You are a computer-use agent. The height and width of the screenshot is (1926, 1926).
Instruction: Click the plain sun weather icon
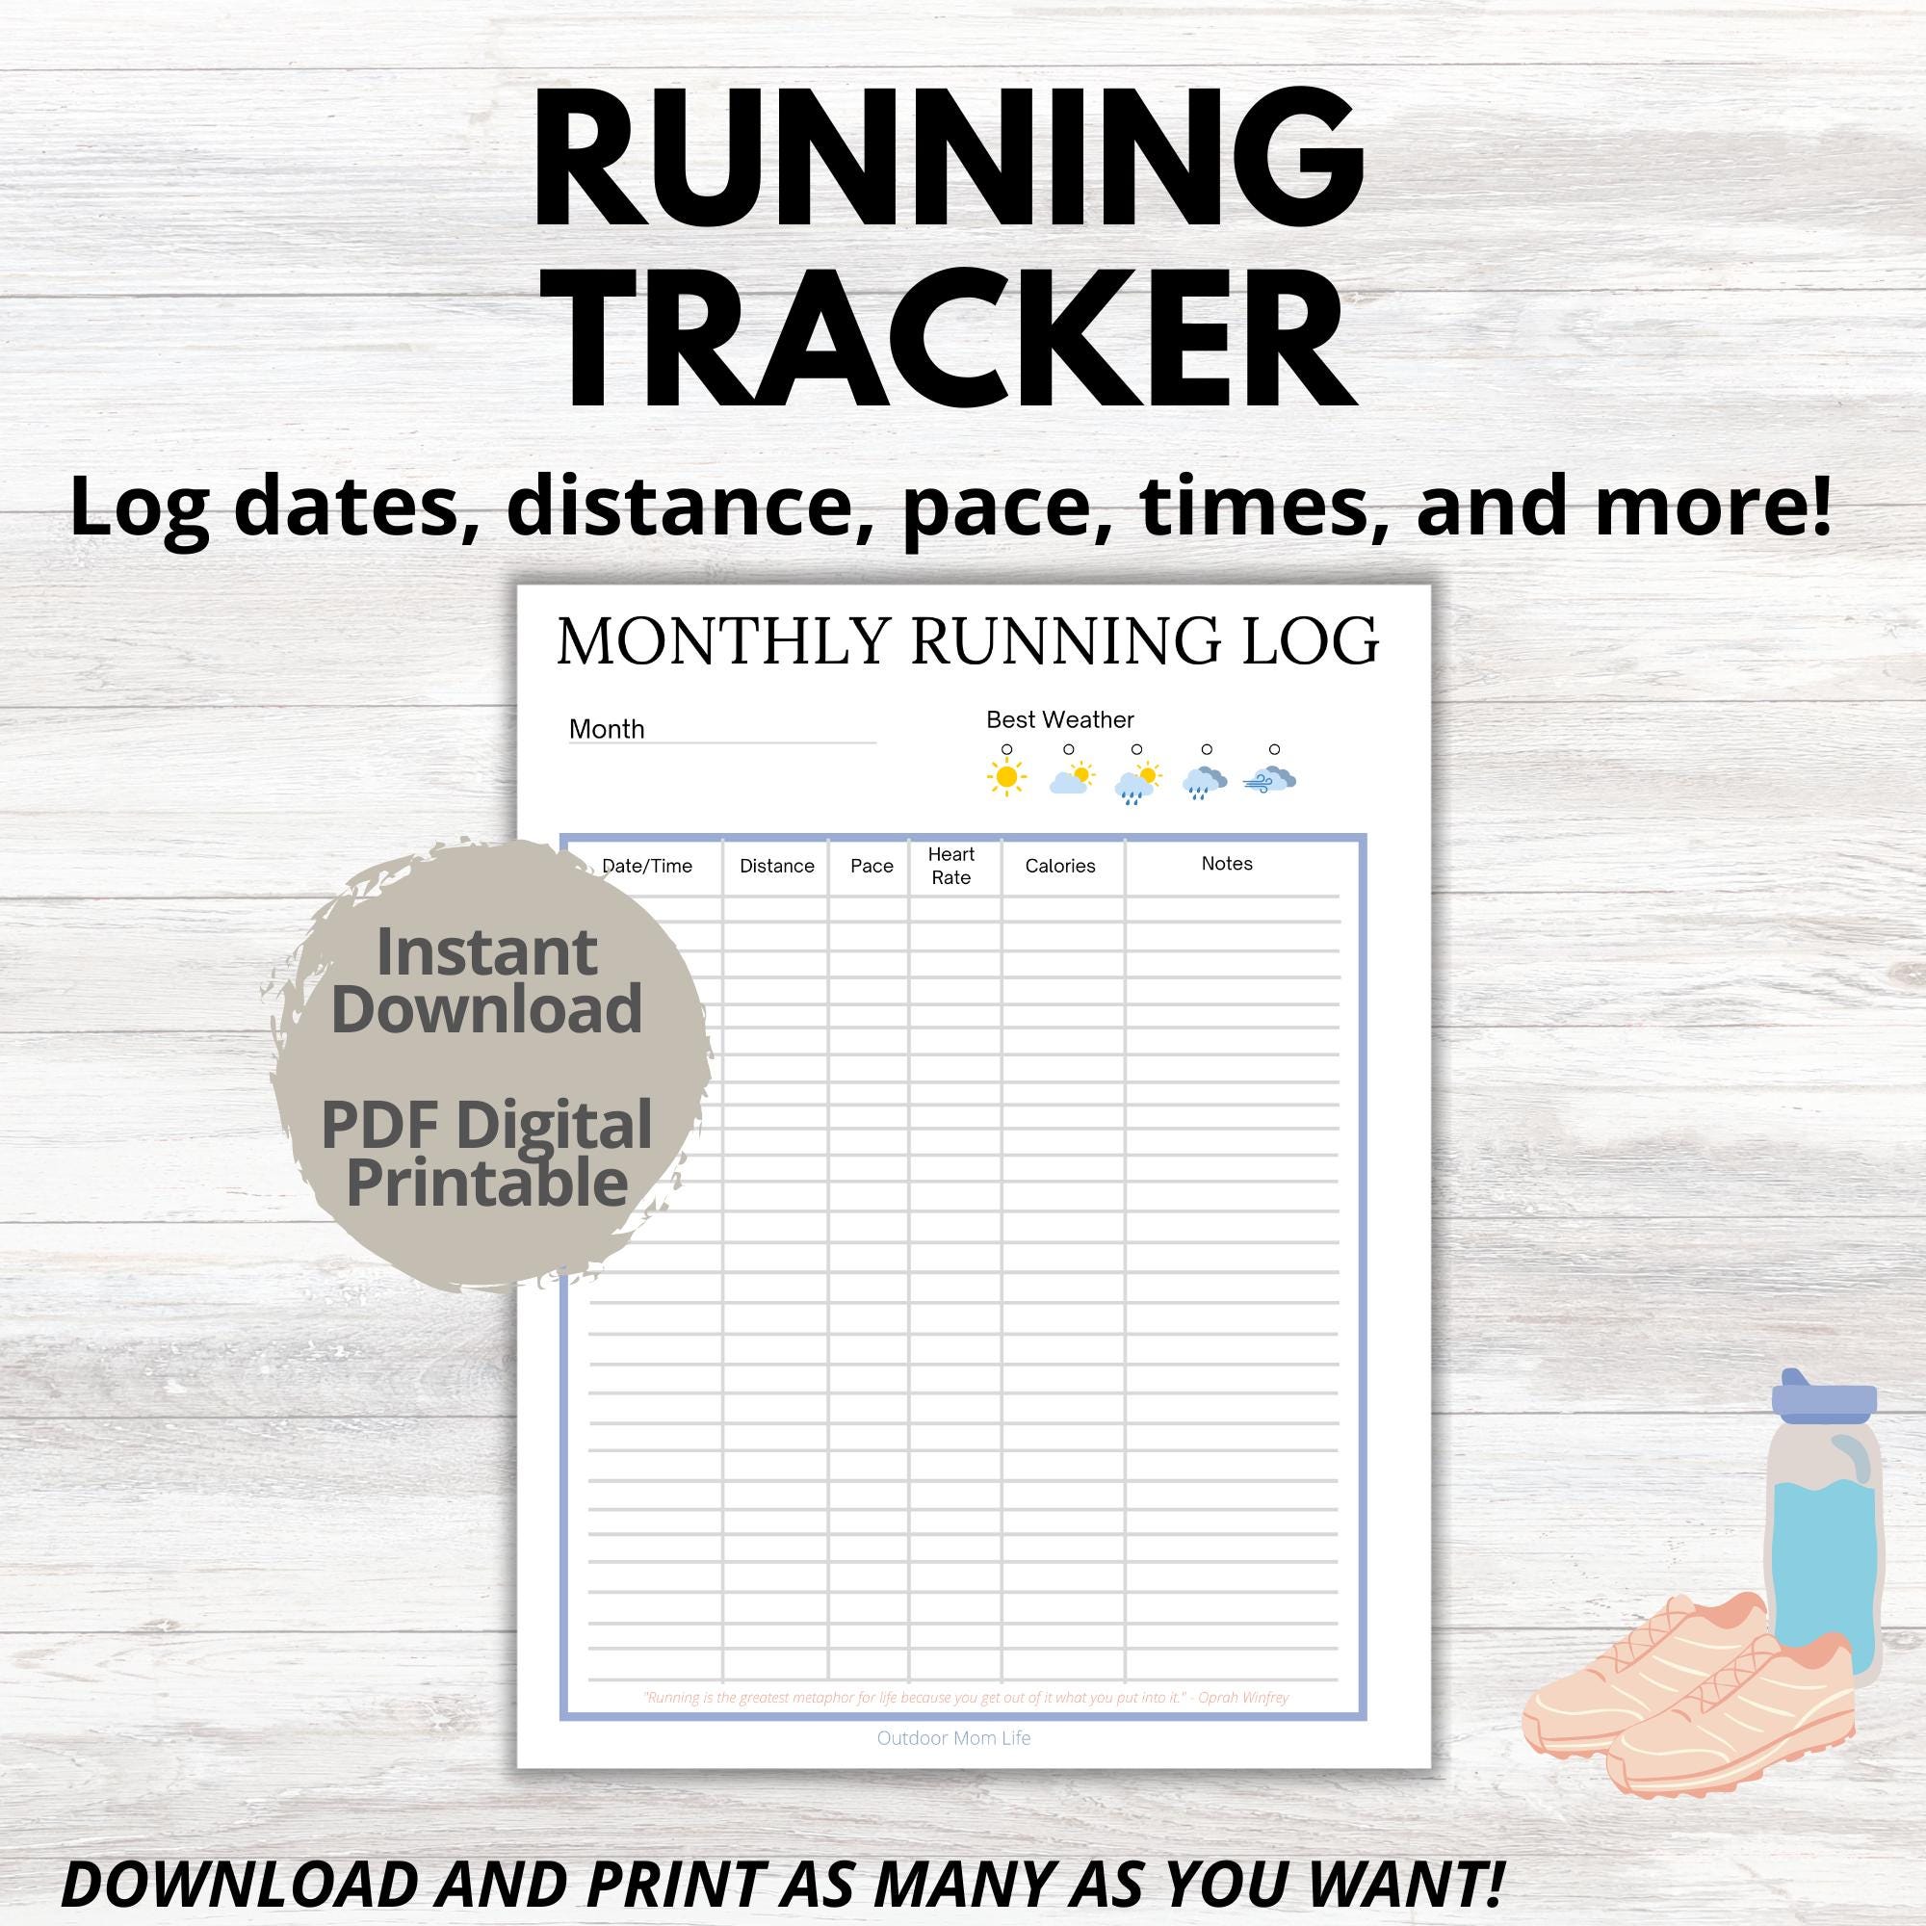click(x=1007, y=777)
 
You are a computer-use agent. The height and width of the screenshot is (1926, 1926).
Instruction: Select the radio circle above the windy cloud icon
click(x=1274, y=749)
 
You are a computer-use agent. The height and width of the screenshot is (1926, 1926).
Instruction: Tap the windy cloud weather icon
click(x=1270, y=780)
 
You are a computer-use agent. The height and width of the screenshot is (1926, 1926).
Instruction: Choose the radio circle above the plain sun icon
click(x=1007, y=749)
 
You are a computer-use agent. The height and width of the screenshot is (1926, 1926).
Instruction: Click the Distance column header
click(x=776, y=867)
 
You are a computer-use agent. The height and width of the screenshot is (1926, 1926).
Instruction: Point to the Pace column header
click(x=872, y=867)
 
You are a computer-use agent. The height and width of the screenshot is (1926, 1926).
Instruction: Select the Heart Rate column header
click(x=951, y=867)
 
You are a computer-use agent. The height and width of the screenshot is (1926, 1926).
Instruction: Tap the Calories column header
click(x=1059, y=867)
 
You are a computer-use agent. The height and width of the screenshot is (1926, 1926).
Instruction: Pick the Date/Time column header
click(x=647, y=867)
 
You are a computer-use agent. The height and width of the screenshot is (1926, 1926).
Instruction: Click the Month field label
click(x=606, y=730)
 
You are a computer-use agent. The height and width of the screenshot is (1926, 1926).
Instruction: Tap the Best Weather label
click(x=1059, y=719)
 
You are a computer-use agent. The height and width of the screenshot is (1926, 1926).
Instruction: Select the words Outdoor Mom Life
click(x=953, y=1738)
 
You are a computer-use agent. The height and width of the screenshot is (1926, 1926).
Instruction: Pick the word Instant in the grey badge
click(x=486, y=953)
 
